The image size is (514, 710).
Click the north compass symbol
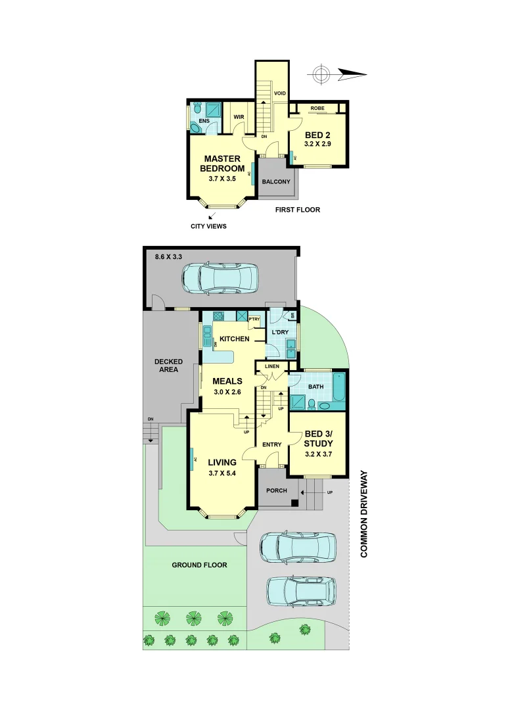click(321, 75)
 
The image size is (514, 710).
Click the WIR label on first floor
click(239, 118)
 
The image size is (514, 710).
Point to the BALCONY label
click(276, 181)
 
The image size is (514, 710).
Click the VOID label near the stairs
click(280, 93)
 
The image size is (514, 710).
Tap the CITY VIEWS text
click(208, 226)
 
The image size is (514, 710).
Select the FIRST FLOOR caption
click(298, 210)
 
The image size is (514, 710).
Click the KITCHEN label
click(234, 339)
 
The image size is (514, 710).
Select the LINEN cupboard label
click(272, 366)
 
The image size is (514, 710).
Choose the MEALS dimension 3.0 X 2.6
click(227, 392)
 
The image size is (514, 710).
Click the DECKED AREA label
click(168, 366)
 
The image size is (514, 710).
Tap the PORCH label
click(276, 490)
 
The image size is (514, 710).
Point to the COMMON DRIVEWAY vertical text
click(363, 514)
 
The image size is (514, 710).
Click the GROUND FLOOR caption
click(199, 565)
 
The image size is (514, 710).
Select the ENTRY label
click(271, 445)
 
